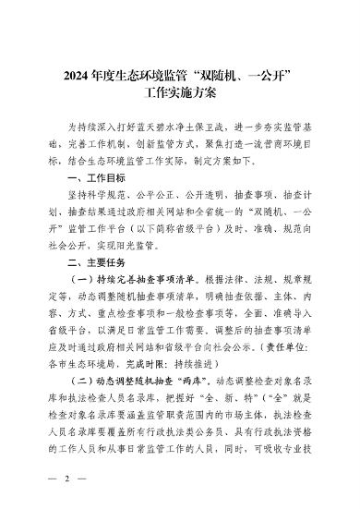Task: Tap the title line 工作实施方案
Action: coord(179,93)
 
